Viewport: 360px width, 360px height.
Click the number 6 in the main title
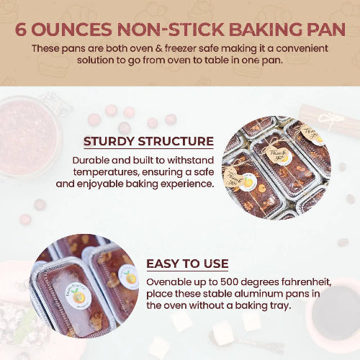pos(21,30)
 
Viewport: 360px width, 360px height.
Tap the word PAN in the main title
pos(326,30)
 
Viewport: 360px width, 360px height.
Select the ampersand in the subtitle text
pos(158,49)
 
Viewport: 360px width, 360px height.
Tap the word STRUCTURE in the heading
pos(176,141)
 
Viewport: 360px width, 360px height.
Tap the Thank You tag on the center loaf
pos(276,154)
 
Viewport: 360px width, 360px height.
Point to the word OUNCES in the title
pos(71,30)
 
